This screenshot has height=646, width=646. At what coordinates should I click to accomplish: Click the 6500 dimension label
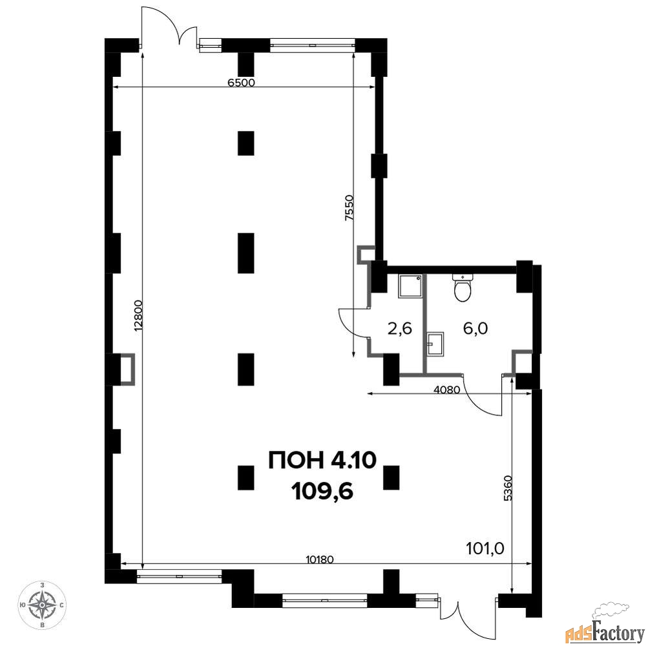point(242,82)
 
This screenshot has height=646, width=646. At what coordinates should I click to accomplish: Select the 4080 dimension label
point(447,390)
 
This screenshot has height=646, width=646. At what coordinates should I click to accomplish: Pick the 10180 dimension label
point(320,559)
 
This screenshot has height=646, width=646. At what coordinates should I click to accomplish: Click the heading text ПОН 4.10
point(322,460)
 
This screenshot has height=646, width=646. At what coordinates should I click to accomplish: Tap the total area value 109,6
point(322,491)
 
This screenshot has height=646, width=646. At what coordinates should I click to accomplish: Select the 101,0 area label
point(485,548)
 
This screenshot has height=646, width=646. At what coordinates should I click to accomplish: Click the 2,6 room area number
point(400,329)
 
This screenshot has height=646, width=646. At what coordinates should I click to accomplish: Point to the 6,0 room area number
point(475,328)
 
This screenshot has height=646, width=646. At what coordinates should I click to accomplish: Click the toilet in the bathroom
point(463,287)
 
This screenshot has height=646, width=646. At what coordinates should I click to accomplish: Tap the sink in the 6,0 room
point(435,344)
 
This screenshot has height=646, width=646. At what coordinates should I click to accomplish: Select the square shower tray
point(410,286)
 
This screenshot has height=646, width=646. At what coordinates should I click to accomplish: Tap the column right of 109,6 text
point(391,477)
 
